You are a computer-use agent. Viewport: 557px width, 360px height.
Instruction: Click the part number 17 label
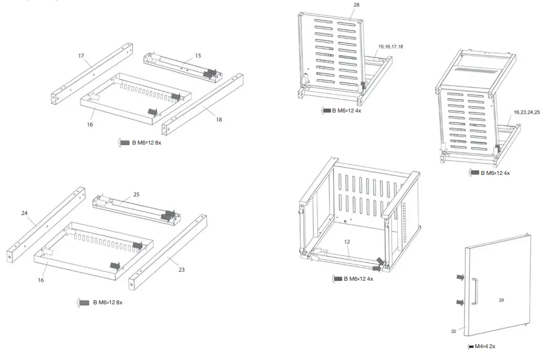pos(81,56)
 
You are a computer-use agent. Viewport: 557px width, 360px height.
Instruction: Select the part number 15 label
pos(198,56)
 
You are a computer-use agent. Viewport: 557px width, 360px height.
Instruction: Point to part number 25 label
pos(136,195)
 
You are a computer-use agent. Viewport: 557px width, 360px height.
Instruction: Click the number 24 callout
pos(24,213)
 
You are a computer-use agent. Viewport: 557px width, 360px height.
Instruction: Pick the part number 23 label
pos(182,269)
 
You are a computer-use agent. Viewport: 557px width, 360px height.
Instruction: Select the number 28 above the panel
pos(356,5)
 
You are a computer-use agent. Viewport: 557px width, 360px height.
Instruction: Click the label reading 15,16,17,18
pos(390,46)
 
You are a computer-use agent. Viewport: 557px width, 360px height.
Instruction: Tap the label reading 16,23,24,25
pos(526,112)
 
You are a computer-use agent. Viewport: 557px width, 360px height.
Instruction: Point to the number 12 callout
pos(347,241)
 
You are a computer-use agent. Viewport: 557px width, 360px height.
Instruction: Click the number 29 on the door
pos(501,300)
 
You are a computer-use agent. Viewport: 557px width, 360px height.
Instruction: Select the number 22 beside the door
pos(453,331)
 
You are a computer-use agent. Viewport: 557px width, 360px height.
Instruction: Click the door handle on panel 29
pos(474,292)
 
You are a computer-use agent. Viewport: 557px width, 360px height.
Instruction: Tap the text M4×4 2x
pos(485,346)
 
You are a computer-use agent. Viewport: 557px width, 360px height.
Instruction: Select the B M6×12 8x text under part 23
pos(107,303)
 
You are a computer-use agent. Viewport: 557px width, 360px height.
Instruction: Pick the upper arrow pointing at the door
pos(460,277)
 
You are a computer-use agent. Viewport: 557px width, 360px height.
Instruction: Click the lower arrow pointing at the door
pos(460,303)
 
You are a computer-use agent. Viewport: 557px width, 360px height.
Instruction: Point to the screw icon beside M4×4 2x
pos(470,346)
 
